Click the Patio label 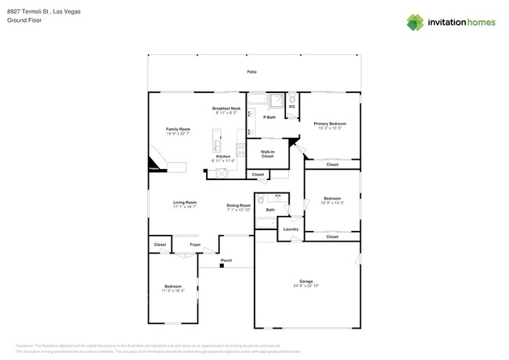(251, 71)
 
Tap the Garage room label (305, 281)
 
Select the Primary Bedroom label (330, 124)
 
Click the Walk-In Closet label (267, 154)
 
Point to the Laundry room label (291, 229)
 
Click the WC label (291, 106)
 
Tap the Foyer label (195, 244)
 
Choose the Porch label (226, 260)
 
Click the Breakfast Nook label (226, 108)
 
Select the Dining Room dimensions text (238, 210)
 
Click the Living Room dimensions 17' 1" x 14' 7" (185, 207)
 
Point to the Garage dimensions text (305, 286)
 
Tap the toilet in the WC (291, 99)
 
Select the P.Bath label (269, 117)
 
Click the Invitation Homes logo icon (415, 22)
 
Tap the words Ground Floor (23, 22)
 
